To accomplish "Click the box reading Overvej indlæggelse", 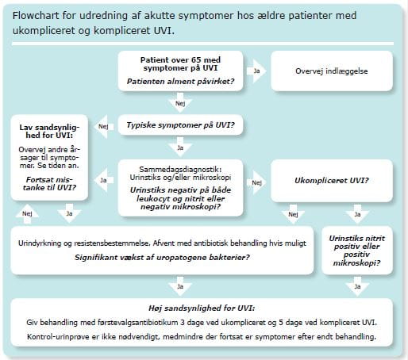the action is click(332, 71).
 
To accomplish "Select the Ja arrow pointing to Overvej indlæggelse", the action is click(256, 71).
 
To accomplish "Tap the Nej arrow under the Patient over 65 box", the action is click(180, 102).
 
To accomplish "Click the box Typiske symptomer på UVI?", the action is click(180, 124).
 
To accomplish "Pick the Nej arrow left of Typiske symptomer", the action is click(104, 127).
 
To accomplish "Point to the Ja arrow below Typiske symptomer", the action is click(180, 147).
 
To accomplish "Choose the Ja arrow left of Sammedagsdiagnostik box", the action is click(104, 180).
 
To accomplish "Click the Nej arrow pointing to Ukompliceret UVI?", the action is click(256, 182).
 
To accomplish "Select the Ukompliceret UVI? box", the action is click(332, 181).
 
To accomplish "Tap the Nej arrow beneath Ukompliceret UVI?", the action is click(293, 214).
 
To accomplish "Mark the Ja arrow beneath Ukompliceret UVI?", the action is click(357, 214).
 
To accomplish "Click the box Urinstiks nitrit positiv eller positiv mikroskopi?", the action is click(357, 251).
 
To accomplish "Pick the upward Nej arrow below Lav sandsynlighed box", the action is click(27, 214).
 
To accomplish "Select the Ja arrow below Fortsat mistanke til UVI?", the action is click(69, 213).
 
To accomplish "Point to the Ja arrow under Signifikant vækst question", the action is click(180, 286).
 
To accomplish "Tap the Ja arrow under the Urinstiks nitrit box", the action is click(357, 286).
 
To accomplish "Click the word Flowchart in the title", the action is click(37, 16).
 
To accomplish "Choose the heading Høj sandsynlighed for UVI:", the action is click(202, 308).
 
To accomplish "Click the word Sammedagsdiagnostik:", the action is click(180, 169).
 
